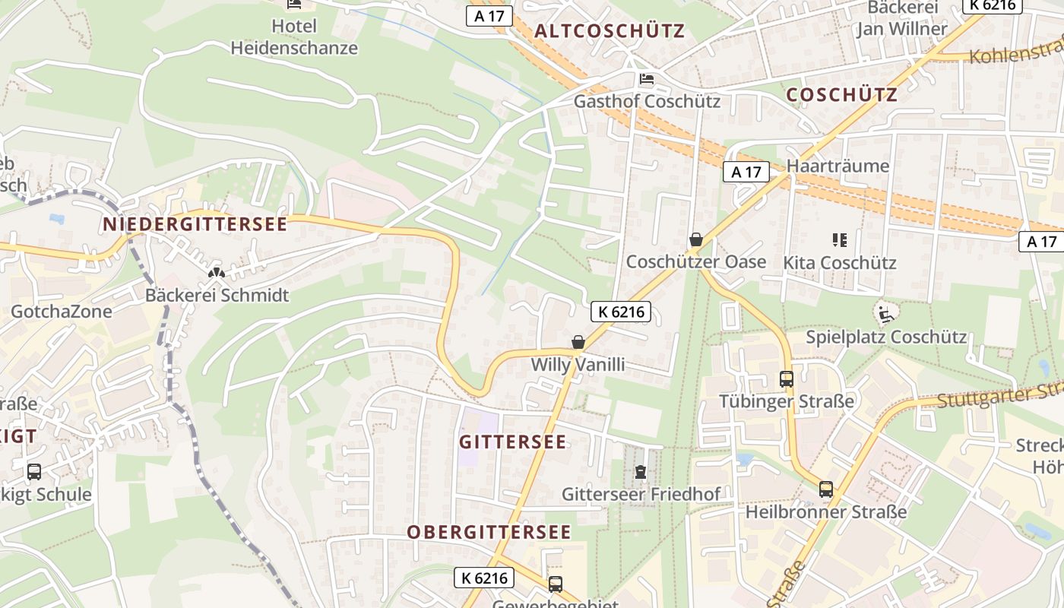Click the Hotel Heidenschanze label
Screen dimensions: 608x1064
tap(294, 36)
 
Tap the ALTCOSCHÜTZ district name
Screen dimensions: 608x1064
tap(610, 31)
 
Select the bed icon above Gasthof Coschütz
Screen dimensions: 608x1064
tap(647, 79)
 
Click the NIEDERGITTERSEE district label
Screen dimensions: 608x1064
tap(195, 224)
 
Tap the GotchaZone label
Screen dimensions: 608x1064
tap(61, 311)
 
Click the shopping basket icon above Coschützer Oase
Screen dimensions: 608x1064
tap(695, 240)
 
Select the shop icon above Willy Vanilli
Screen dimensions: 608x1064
tap(578, 342)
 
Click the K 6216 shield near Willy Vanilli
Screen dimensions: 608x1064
tap(621, 312)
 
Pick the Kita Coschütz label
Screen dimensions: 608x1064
tap(840, 263)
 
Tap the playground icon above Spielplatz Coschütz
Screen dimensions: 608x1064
tap(885, 313)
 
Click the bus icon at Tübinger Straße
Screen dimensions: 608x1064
tap(787, 378)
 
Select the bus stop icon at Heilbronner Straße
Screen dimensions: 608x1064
tap(826, 489)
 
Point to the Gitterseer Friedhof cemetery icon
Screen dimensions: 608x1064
tap(641, 473)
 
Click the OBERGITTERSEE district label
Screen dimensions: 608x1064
tap(489, 532)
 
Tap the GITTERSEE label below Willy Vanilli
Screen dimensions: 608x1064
tap(513, 442)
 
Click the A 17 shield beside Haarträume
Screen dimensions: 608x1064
tap(746, 173)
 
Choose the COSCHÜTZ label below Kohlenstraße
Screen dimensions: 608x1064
tap(841, 95)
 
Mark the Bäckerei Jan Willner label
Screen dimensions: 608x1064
tap(902, 18)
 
